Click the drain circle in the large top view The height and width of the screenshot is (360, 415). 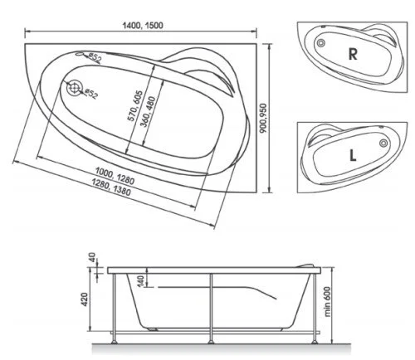(76, 87)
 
